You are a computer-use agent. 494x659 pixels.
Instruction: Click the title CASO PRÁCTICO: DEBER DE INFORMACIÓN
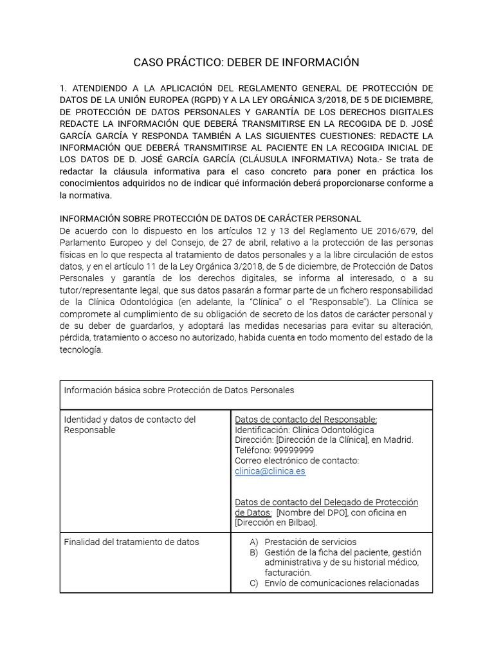click(x=246, y=62)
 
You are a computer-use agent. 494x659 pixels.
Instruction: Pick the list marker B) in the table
click(x=254, y=552)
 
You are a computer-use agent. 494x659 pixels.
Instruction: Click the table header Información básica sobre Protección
click(x=179, y=390)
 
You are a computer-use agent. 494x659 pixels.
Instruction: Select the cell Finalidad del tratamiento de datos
click(x=132, y=542)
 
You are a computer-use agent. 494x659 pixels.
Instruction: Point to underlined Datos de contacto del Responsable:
click(x=306, y=420)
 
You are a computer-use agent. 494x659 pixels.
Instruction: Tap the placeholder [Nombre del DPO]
click(x=311, y=512)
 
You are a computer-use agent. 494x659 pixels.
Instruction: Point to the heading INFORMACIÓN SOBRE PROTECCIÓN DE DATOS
click(x=210, y=219)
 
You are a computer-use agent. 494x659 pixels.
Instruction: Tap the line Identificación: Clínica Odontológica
click(x=304, y=430)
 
